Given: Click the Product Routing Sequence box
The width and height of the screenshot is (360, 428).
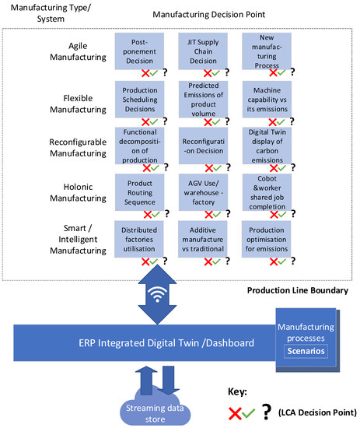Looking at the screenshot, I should point(142,190).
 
